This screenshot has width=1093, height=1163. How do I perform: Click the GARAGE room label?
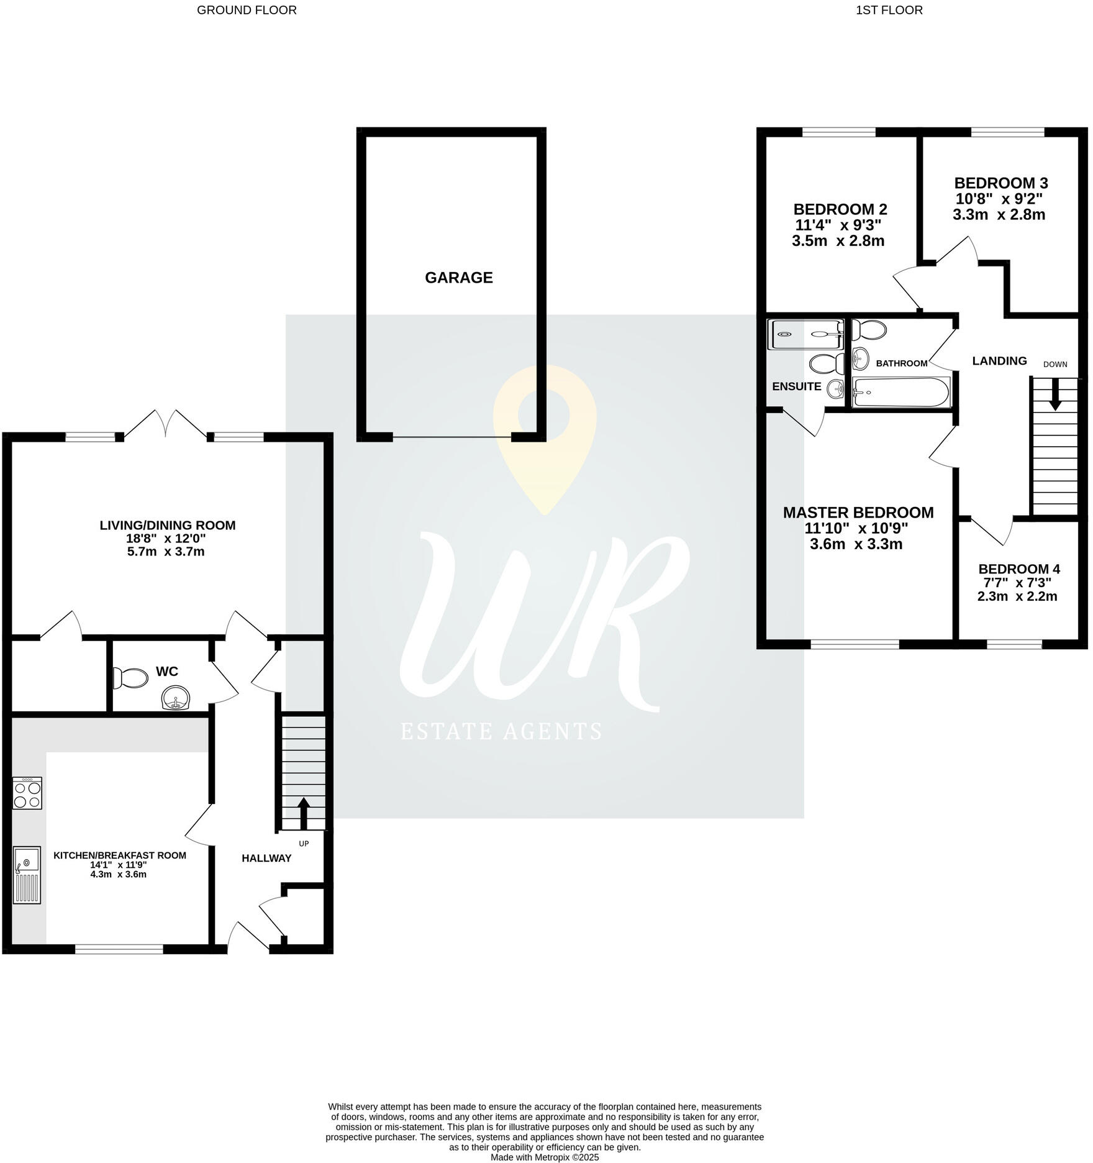(458, 278)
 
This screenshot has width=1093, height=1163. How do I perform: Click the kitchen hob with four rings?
(27, 793)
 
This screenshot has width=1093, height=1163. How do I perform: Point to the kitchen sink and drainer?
(27, 875)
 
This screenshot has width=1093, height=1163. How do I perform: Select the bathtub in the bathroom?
(900, 393)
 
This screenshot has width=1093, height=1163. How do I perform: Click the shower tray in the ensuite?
(805, 334)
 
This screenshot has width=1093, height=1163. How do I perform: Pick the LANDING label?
(999, 361)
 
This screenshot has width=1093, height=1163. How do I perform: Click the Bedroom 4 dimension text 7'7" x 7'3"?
(1018, 583)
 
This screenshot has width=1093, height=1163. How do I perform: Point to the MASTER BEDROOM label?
(858, 513)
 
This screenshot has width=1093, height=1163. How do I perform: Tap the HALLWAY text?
(266, 858)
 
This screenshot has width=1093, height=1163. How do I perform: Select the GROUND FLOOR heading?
(247, 10)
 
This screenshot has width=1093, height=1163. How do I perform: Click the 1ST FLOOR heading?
(889, 10)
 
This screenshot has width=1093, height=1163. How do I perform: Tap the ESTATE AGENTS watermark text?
(501, 731)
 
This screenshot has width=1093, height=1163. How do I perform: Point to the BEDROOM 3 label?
(1000, 183)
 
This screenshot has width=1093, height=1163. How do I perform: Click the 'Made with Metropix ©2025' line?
(545, 1157)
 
